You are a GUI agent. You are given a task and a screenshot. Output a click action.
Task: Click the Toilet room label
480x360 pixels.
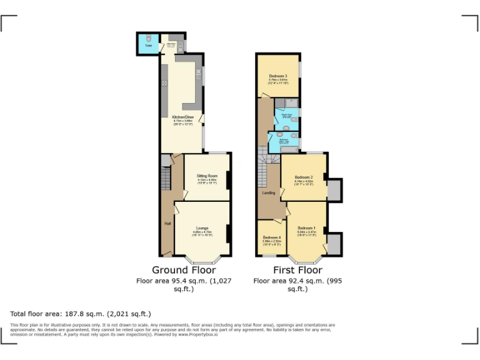pyautogui.click(x=148, y=46)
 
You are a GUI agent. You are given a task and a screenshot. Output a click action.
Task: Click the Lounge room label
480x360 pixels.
pyautogui.click(x=201, y=227)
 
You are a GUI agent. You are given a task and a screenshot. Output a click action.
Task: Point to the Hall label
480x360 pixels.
pyautogui.click(x=167, y=222)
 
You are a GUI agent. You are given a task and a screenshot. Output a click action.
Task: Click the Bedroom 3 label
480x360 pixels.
pyautogui.click(x=277, y=76)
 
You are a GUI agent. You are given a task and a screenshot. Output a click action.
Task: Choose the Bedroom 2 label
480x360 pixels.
pyautogui.click(x=303, y=177)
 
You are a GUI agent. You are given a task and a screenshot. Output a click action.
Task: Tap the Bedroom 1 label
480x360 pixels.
pyautogui.click(x=306, y=227)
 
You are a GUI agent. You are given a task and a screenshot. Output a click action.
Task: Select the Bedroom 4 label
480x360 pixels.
pyautogui.click(x=271, y=237)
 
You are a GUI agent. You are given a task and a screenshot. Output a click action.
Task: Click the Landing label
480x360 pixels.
pyautogui.click(x=268, y=192)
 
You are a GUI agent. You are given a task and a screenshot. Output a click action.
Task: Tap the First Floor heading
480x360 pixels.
pyautogui.click(x=297, y=270)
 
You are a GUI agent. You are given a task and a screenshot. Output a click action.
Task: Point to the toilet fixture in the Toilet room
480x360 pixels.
pyautogui.click(x=149, y=37)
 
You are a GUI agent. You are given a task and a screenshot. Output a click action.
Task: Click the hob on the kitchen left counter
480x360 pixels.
pyautogui.click(x=165, y=83)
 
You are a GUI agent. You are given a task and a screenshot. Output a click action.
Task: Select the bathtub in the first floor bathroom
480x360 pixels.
pyautogui.click(x=290, y=149)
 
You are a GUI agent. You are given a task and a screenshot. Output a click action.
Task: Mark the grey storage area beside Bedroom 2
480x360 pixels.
pyautogui.click(x=334, y=189)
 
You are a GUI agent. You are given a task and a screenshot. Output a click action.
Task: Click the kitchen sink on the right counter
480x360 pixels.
pyautogui.click(x=197, y=74)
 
